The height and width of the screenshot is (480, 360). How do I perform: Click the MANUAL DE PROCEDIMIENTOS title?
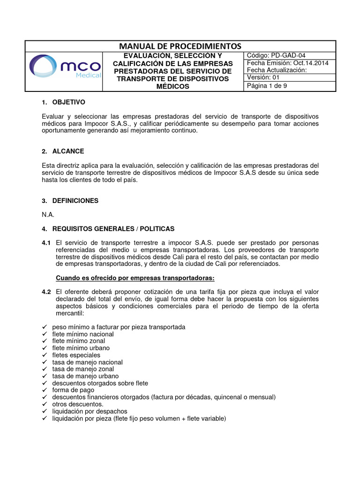click(x=180, y=46)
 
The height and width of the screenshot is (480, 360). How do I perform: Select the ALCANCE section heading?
click(x=69, y=151)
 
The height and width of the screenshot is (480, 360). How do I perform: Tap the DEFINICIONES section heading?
click(x=76, y=201)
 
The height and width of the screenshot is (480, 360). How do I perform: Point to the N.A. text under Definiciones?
click(x=48, y=215)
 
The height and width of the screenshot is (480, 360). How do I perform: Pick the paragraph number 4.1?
click(x=46, y=243)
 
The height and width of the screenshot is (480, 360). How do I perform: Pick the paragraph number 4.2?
click(x=46, y=292)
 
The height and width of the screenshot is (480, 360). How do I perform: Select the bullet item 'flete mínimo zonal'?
click(x=79, y=341)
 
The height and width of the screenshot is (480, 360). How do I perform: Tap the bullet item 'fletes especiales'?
click(x=77, y=355)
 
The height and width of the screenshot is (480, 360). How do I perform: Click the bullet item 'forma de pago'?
click(x=73, y=390)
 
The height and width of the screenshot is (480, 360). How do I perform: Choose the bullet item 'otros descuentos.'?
click(x=78, y=404)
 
